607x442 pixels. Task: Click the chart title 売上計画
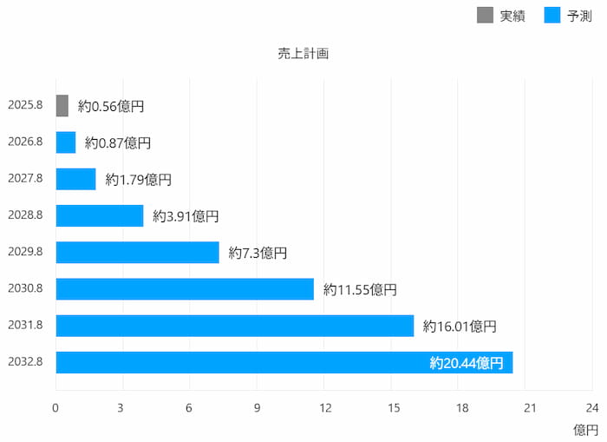[303, 53]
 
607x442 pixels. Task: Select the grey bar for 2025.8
[62, 106]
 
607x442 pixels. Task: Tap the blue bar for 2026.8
[66, 142]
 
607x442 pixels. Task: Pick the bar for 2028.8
[100, 215]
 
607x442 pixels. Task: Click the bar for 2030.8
[185, 289]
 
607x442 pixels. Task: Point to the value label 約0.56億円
[110, 106]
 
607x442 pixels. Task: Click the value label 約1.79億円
[138, 180]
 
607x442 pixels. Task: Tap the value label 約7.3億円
[258, 253]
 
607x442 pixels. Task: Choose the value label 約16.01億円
[460, 327]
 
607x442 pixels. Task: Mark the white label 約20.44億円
[466, 363]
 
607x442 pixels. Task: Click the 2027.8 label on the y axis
[25, 179]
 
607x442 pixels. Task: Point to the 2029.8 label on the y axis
[25, 252]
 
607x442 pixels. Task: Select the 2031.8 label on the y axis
[25, 325]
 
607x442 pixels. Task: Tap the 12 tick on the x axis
[325, 408]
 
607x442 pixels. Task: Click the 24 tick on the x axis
[592, 408]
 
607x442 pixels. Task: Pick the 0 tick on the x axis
[55, 408]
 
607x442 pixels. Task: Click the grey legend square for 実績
[485, 15]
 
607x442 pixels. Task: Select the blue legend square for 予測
[552, 15]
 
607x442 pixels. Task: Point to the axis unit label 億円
[585, 430]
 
